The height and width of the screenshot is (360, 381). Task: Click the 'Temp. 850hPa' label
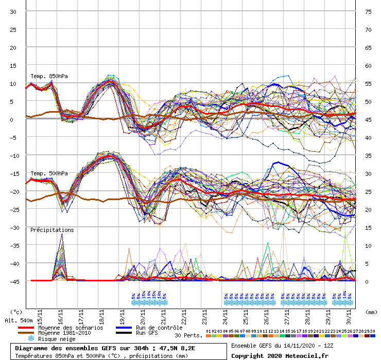[49, 77]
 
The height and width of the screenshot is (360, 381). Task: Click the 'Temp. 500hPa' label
[49, 173]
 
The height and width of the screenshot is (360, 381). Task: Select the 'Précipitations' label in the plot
[51, 230]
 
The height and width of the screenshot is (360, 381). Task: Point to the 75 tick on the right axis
[368, 11]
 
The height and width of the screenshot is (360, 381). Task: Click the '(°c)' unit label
[16, 312]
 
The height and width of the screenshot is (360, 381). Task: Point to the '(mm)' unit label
[370, 312]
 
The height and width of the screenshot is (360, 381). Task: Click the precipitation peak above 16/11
[62, 235]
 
